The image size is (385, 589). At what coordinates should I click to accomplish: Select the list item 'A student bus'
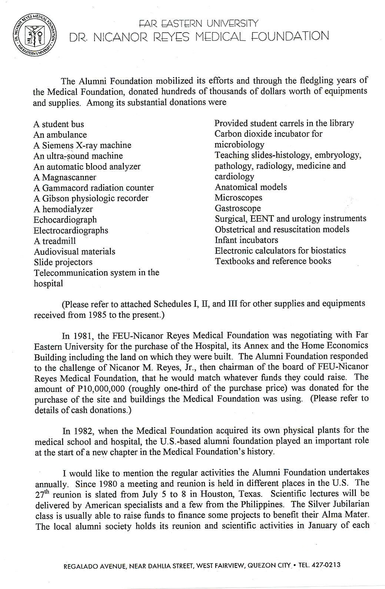point(59,124)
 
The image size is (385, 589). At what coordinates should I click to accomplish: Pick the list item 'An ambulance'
point(60,135)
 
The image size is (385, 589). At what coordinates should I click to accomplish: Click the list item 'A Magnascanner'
point(65,177)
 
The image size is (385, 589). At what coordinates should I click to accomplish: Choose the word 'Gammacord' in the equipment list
point(66,188)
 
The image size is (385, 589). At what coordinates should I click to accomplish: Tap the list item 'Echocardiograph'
point(65,220)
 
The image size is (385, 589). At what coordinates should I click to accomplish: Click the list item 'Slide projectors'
point(63,262)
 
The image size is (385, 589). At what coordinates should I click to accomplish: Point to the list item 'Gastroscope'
point(238,208)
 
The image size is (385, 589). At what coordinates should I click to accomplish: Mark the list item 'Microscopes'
point(238,197)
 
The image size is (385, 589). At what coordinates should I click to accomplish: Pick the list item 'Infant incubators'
point(246,240)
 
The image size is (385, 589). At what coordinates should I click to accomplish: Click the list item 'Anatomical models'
point(250,187)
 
